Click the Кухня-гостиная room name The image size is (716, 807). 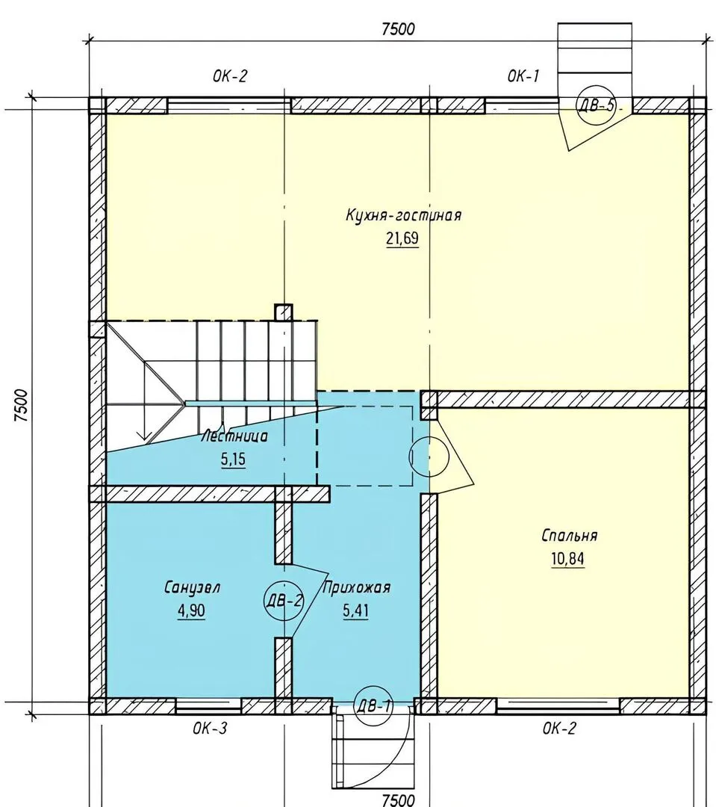(403, 214)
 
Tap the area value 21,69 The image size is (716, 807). (402, 239)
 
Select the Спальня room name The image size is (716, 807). (569, 536)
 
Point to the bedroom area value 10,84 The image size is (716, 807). (568, 559)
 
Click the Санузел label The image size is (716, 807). (193, 588)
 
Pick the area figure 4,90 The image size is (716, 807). (191, 611)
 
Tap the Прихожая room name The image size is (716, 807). (356, 588)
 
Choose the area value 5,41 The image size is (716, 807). (355, 611)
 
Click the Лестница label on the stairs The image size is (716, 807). (234, 437)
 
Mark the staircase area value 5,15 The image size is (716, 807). (234, 460)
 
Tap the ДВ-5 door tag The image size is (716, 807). (596, 105)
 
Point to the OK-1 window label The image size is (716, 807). (523, 76)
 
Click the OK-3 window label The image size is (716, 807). (210, 729)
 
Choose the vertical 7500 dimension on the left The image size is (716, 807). (21, 406)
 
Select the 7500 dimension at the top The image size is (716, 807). (398, 29)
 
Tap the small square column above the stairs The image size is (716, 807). (284, 313)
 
